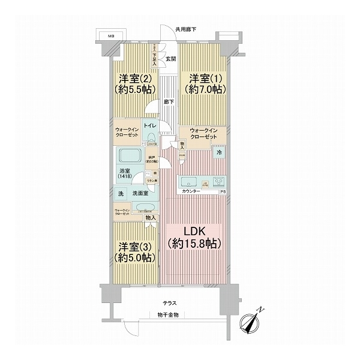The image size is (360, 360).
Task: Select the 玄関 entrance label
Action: pos(170,59)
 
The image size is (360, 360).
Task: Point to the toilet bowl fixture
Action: pos(151,137)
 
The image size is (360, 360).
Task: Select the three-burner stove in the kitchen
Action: pos(217,181)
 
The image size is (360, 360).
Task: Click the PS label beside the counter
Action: pos(223,192)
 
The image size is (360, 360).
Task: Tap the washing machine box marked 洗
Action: pos(121,194)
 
